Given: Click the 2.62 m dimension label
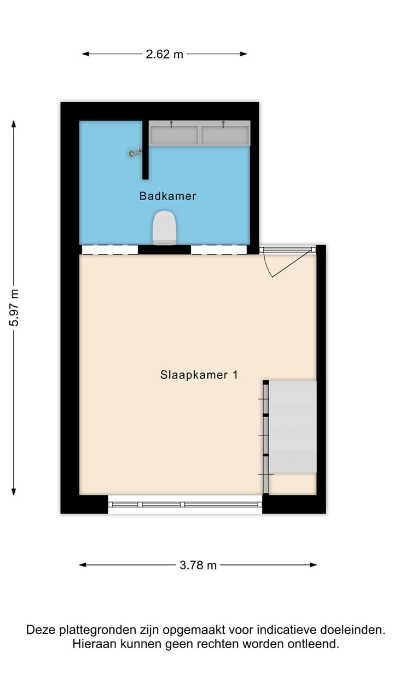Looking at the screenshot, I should coord(164,54).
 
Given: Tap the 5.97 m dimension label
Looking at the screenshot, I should coord(14,308).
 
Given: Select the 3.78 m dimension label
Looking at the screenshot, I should coord(198,565).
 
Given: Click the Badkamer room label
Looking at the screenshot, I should coord(167,196).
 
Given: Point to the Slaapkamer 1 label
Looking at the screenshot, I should coord(199,375).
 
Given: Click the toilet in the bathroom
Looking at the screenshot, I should coord(165,227).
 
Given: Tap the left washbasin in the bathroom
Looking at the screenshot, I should coord(174,135).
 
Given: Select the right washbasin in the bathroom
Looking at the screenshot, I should coord(225,135).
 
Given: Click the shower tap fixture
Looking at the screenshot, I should coord(134,154).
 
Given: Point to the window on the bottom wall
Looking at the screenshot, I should coord(185,505).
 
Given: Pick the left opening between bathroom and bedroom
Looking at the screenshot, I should coord(109,250).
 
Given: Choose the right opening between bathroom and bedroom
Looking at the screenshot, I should coord(218,250).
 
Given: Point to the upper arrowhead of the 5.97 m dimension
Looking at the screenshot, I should coord(14,124).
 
